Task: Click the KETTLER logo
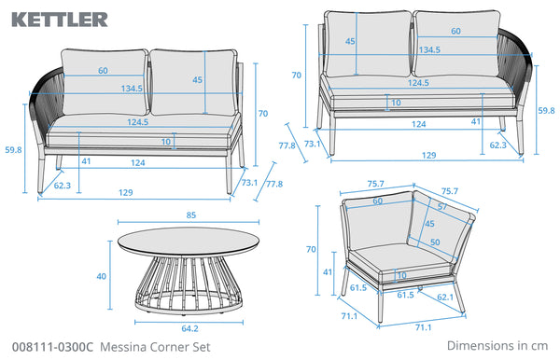click(60, 20)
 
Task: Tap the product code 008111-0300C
click(52, 347)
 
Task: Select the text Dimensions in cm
click(497, 345)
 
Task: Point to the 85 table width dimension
click(191, 215)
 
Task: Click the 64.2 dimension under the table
click(189, 328)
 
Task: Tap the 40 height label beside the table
click(102, 276)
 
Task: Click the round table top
click(189, 242)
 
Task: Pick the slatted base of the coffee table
click(189, 284)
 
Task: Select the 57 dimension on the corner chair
click(442, 207)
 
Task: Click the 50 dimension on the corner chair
click(435, 242)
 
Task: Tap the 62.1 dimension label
click(445, 297)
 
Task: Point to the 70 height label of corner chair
click(311, 249)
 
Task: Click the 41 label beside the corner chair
click(328, 272)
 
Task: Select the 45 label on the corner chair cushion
click(429, 224)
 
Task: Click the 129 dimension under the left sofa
click(126, 193)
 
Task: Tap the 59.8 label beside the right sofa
click(546, 111)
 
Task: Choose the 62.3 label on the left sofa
click(63, 186)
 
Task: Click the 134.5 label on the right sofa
click(429, 49)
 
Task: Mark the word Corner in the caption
click(166, 347)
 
